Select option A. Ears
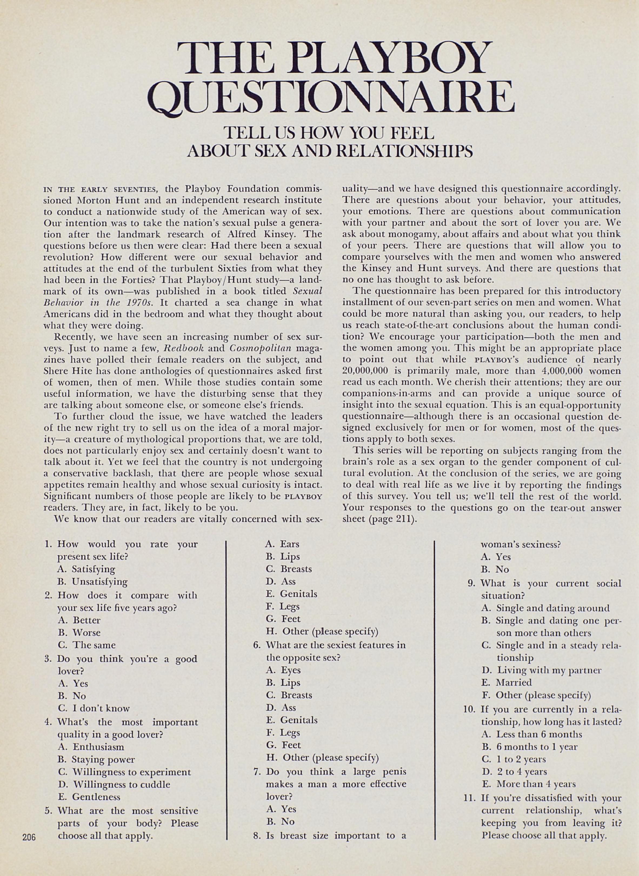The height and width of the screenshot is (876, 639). (282, 544)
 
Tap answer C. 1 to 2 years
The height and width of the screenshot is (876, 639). (514, 759)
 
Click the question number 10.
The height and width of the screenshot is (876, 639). (469, 710)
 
